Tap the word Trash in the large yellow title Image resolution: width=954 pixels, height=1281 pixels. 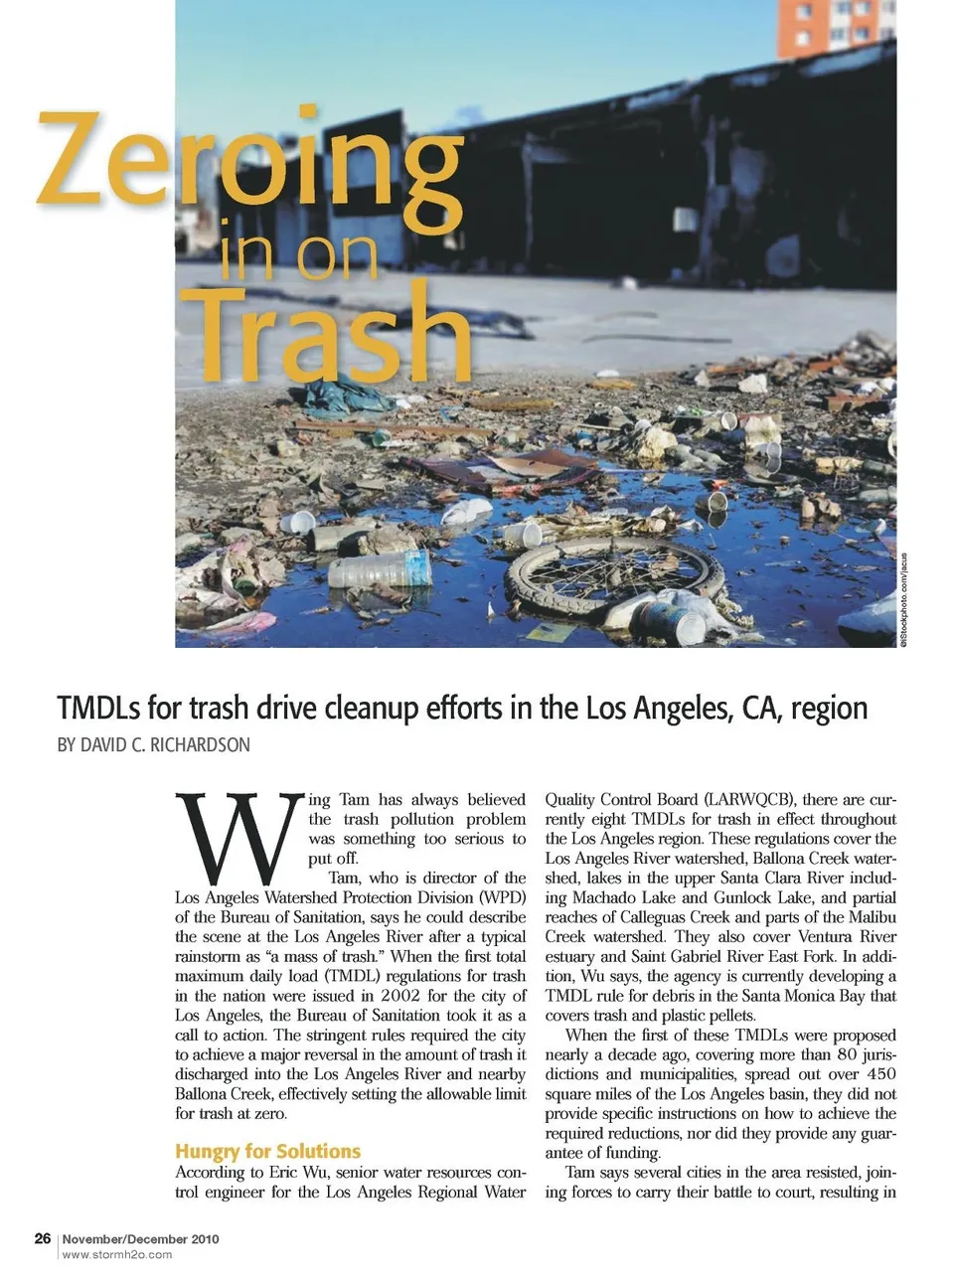pyautogui.click(x=323, y=333)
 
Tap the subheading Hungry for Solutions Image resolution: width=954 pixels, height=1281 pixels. pyautogui.click(x=267, y=1151)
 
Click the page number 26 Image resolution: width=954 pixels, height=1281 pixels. pyautogui.click(x=43, y=1238)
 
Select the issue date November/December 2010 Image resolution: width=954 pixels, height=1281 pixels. pyautogui.click(x=140, y=1238)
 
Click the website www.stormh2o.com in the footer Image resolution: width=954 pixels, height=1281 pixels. pyautogui.click(x=116, y=1254)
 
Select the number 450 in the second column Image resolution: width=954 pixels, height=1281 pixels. pyautogui.click(x=875, y=1073)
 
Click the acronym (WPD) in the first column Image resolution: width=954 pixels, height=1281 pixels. pyautogui.click(x=502, y=897)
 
